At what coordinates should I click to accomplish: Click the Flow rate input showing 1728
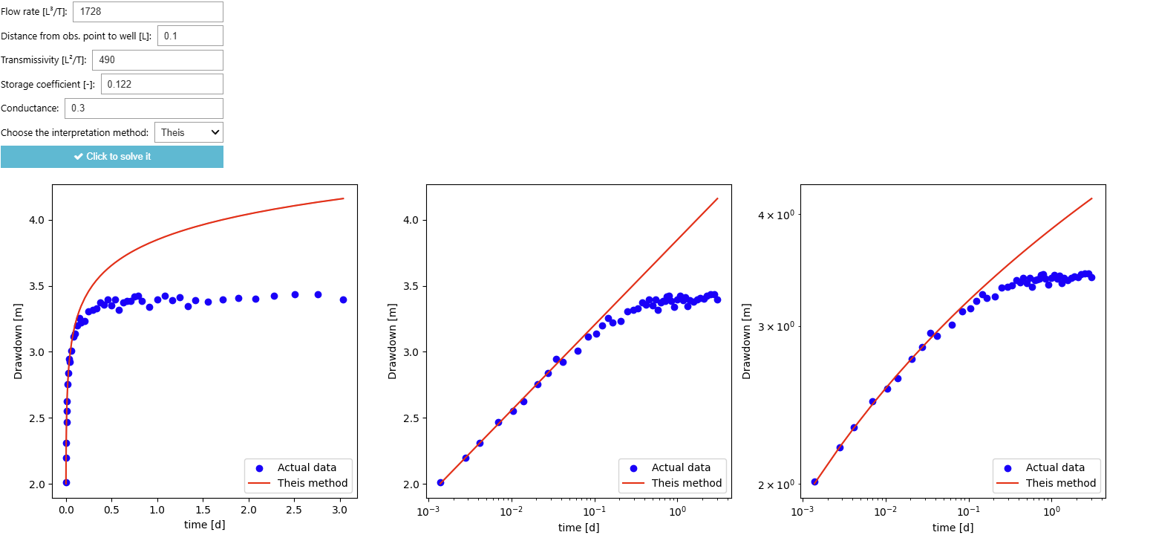click(147, 12)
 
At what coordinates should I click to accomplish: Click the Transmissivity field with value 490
click(157, 60)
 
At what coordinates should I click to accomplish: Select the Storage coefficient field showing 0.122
click(162, 84)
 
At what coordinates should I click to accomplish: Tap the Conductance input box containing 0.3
click(143, 108)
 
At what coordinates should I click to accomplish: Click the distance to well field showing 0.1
click(190, 36)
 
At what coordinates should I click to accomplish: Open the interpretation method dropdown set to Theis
click(189, 133)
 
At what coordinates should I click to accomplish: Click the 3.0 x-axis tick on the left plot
click(339, 511)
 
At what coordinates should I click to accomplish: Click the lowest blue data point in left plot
click(66, 482)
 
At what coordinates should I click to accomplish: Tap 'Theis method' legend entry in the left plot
click(313, 483)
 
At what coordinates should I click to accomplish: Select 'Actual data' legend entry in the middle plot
click(681, 467)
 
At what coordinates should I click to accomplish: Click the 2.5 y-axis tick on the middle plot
click(410, 418)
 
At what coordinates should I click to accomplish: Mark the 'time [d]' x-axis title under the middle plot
click(578, 528)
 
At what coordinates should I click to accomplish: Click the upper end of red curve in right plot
click(1091, 198)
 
